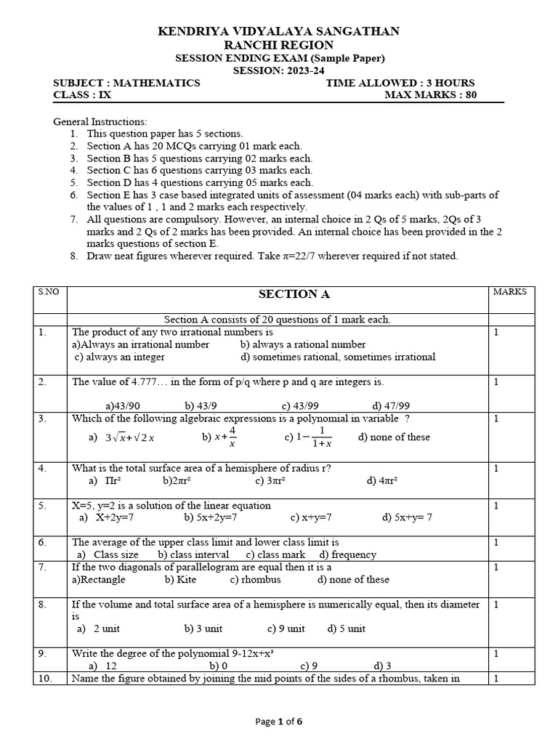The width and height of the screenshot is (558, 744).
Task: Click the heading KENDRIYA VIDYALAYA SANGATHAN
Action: coord(279,31)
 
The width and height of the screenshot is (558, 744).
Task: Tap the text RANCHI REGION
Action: coord(279,45)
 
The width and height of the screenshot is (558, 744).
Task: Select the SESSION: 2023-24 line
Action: coord(279,70)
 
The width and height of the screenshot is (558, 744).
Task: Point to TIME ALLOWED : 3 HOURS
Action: coord(400,83)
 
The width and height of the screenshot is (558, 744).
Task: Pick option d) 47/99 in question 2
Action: coord(391,405)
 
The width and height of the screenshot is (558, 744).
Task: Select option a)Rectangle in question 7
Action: coord(99,579)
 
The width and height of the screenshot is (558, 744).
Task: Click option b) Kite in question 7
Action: coord(180,579)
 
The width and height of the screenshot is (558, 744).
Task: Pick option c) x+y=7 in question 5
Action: coord(311,517)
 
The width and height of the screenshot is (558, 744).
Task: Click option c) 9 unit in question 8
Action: coord(286,628)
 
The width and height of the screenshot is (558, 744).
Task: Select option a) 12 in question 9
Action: coord(102,666)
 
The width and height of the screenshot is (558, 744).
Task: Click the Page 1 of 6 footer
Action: coord(279,721)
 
